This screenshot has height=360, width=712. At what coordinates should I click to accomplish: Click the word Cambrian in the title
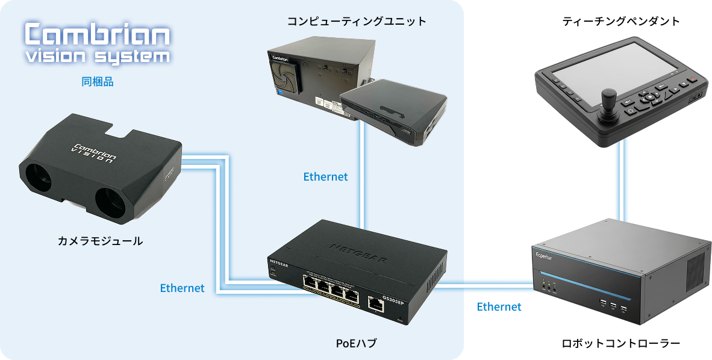pos(97,36)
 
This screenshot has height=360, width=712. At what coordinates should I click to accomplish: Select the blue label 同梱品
pos(98,82)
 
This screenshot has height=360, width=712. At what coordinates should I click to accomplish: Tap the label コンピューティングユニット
pos(357,22)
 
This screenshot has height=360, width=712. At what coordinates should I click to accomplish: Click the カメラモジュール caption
pos(100,241)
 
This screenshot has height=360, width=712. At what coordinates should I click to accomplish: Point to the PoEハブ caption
pos(355,344)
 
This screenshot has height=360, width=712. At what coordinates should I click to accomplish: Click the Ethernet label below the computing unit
pos(325,177)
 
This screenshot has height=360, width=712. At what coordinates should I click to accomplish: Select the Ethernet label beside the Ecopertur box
pos(499,307)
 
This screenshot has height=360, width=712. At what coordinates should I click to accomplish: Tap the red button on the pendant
pos(692,79)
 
